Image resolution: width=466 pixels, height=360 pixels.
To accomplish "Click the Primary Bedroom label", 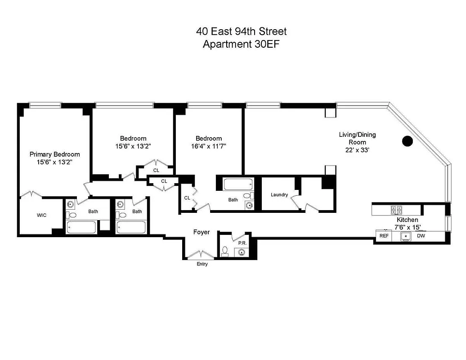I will (54, 154).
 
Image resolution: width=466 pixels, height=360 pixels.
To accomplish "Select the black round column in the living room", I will (407, 141).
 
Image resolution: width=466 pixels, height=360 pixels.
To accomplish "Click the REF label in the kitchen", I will (384, 235).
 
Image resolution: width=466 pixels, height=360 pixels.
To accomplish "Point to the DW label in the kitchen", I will (421, 235).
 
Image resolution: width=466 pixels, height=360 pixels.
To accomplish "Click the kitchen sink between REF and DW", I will (406, 236).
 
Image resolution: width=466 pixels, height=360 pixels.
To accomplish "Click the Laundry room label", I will (279, 195).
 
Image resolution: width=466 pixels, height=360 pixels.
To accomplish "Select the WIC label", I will (41, 216).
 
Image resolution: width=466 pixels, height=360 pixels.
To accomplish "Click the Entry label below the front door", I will (202, 264).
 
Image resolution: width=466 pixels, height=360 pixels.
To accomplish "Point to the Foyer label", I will (202, 232).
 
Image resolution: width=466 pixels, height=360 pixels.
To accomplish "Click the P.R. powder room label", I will (242, 243).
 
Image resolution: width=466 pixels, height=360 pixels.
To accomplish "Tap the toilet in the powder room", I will (225, 251).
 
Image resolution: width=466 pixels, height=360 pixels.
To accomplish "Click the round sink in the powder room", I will (242, 252).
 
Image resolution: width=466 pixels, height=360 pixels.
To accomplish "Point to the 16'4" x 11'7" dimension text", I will (208, 146).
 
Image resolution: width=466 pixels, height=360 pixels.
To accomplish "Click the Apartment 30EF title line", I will (241, 44).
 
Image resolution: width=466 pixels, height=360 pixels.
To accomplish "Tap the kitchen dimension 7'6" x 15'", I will (407, 227).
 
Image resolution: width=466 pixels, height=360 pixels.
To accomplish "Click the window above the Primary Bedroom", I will (45, 105).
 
